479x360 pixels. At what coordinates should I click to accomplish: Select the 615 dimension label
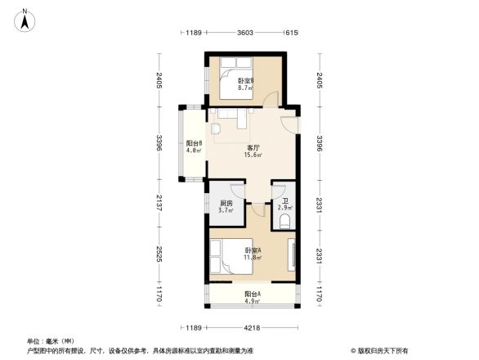tap(290, 33)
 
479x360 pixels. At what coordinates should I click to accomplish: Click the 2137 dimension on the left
tap(161, 202)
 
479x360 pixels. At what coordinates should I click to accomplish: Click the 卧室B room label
tap(246, 81)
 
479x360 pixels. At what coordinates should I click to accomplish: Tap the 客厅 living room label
tap(254, 147)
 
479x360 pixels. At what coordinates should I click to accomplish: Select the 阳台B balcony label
tap(194, 144)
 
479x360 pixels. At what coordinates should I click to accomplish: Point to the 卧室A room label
tap(253, 250)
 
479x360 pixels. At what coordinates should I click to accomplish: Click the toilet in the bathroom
tap(284, 222)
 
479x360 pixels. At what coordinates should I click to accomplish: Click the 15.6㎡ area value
tap(254, 155)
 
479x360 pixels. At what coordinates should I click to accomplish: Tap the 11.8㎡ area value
tap(253, 258)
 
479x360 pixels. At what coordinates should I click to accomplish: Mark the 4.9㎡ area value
tap(253, 301)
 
